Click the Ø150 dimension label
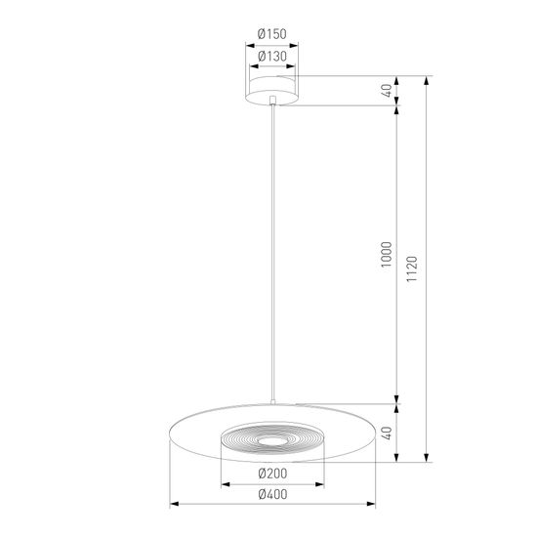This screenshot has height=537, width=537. (x=271, y=35)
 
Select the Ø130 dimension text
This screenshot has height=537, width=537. (x=271, y=57)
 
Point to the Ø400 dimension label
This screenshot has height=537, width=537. (x=272, y=494)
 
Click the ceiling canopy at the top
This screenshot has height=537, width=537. (x=272, y=90)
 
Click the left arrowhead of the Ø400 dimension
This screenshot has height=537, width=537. (x=174, y=505)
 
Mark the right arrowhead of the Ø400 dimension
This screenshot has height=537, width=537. (x=373, y=505)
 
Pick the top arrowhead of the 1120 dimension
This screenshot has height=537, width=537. (x=427, y=80)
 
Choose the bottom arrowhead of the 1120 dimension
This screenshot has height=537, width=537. (x=427, y=458)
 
